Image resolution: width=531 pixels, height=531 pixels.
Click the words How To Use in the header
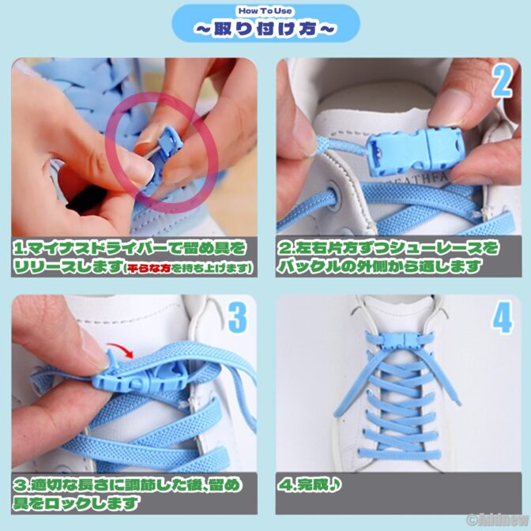[x=265, y=11]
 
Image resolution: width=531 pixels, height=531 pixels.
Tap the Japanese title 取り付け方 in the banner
[x=265, y=28]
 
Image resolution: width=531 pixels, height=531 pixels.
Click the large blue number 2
[x=502, y=81]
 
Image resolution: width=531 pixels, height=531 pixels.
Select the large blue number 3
[x=237, y=317]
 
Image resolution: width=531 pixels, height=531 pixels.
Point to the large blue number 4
[x=502, y=318]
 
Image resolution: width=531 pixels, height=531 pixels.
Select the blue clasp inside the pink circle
[x=166, y=153]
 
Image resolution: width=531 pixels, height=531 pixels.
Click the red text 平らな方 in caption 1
[x=149, y=269]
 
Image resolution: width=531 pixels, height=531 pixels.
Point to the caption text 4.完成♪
[x=309, y=485]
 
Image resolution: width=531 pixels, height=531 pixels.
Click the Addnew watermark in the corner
[x=498, y=520]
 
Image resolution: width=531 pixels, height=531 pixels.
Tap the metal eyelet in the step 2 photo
[x=333, y=196]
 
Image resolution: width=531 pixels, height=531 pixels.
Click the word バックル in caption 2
[x=303, y=266]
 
